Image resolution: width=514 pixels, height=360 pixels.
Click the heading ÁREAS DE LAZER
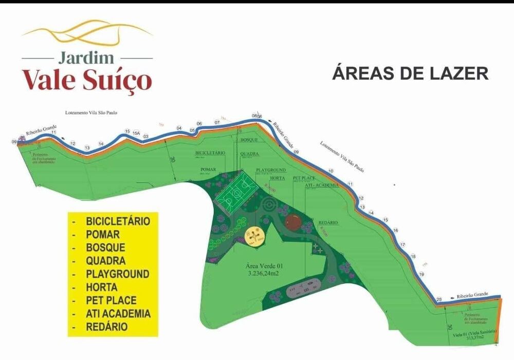tap(410, 73)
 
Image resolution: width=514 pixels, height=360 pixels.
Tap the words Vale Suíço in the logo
tap(87, 80)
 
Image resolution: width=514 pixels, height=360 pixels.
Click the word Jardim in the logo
tap(87, 57)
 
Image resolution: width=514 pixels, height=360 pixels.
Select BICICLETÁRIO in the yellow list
tap(118, 222)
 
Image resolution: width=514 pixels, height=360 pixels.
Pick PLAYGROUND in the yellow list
tap(118, 274)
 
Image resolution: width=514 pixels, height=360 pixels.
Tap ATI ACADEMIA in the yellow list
tap(119, 313)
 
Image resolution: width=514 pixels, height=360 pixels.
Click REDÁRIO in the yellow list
tap(107, 327)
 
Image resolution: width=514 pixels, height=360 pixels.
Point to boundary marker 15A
tap(136, 133)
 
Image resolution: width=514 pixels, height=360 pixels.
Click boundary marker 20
tap(439, 299)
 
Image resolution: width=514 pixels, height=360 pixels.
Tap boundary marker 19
tap(421, 275)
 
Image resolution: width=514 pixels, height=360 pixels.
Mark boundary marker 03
tap(146, 136)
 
